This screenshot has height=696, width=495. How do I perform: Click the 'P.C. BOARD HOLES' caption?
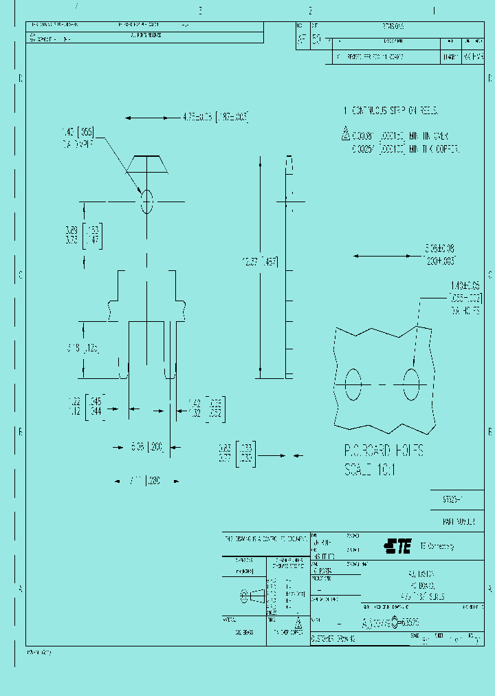pos(384,451)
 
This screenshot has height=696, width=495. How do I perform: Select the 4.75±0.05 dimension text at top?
pos(214,116)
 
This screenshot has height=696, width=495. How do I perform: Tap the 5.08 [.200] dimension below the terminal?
pos(146,447)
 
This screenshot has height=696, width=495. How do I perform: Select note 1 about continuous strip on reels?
pos(390,111)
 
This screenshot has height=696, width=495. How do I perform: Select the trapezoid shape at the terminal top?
pos(146,164)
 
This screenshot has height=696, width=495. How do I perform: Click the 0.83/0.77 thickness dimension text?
pos(236,455)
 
